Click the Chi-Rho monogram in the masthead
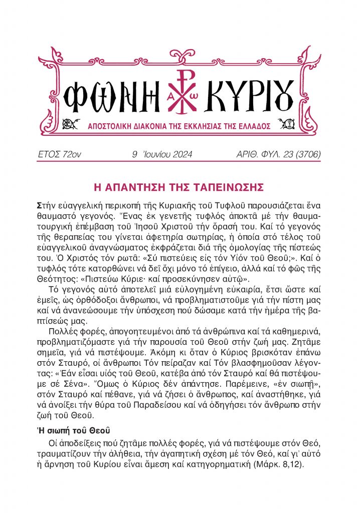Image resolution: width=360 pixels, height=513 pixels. (179, 90)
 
